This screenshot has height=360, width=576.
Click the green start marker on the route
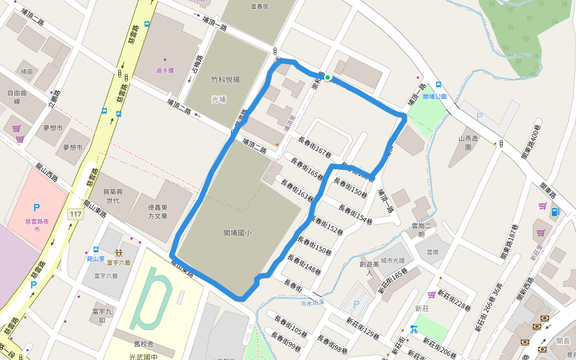328,77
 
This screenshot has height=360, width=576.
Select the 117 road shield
76,214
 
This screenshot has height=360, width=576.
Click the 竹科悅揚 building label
225,79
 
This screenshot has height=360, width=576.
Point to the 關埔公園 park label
434,96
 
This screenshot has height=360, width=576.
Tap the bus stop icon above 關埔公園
439,85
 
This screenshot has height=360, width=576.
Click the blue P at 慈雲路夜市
37,208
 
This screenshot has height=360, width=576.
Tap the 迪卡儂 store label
165,70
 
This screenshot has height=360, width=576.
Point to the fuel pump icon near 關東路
555,212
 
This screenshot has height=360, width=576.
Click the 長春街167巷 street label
314,147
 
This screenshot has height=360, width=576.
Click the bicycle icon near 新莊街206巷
413,329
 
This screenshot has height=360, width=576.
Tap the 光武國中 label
144,356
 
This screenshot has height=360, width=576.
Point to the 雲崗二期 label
422,230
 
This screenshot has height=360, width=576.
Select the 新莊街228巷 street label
454,298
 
